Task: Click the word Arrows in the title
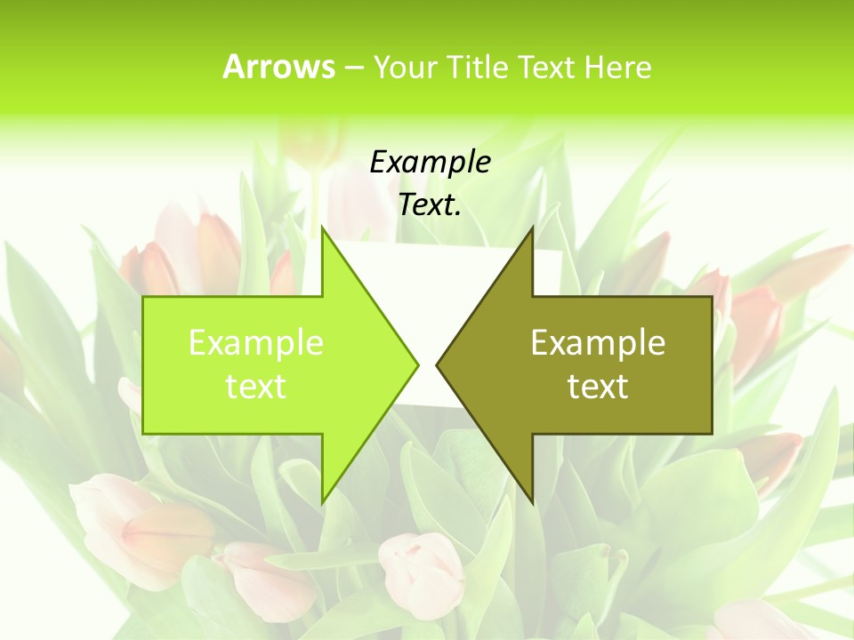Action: [x=279, y=67]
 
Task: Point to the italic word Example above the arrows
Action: [x=430, y=163]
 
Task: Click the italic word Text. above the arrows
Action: [x=430, y=205]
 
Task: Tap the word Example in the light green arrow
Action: [x=256, y=343]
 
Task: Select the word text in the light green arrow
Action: [x=256, y=387]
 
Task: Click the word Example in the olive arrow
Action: [x=598, y=343]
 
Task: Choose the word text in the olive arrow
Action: [x=598, y=387]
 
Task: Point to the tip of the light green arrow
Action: [x=417, y=364]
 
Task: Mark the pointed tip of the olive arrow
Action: [x=437, y=364]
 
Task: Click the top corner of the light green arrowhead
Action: [x=322, y=228]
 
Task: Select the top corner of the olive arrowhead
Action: [x=532, y=228]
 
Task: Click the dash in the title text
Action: [x=354, y=68]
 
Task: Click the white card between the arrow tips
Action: [x=427, y=267]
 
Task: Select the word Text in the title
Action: [x=546, y=67]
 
